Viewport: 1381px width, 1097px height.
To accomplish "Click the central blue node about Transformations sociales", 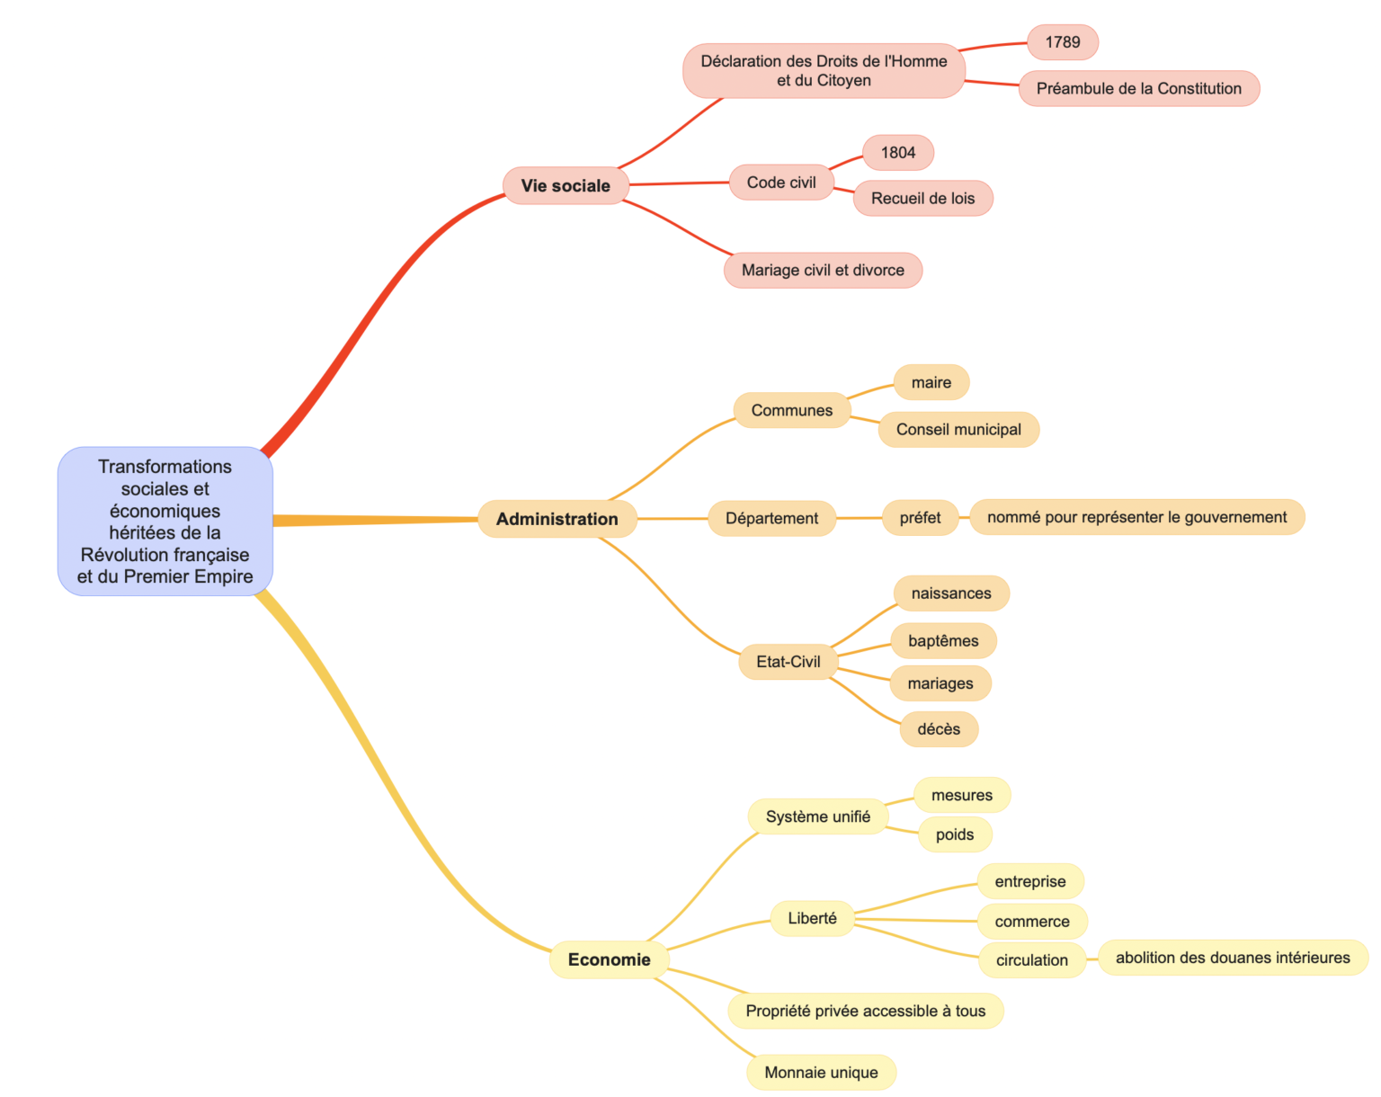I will pos(165,521).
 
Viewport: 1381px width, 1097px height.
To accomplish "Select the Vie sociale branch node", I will pos(566,186).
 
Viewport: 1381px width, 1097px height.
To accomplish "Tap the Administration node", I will pos(557,519).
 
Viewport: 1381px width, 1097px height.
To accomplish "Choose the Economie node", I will pos(609,959).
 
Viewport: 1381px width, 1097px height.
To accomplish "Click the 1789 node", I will pos(1062,42).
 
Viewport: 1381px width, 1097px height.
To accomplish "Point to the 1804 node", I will pos(897,153).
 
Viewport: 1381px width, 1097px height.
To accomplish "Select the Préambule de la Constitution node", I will pos(1138,88).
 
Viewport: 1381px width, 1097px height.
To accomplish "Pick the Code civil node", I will pos(781,183).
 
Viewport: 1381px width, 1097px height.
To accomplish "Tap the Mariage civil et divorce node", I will pos(823,270).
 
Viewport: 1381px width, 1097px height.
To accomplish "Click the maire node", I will pos(931,382).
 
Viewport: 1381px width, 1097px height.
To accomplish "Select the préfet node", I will pos(920,518).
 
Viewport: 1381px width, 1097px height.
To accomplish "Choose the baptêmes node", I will pos(943,641).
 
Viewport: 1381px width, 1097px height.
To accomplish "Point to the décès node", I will pos(939,729).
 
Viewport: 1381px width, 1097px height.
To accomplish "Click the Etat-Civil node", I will pos(788,662).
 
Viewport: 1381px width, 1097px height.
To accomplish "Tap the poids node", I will pos(954,834).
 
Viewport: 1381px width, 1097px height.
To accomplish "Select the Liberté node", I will pos(812,918).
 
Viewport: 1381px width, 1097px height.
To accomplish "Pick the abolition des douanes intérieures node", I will pos(1232,958).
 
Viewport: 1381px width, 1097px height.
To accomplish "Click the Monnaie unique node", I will pos(821,1072).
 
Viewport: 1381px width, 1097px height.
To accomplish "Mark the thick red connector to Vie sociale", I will pos(378,306).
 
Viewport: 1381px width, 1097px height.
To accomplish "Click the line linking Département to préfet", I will pos(859,518).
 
